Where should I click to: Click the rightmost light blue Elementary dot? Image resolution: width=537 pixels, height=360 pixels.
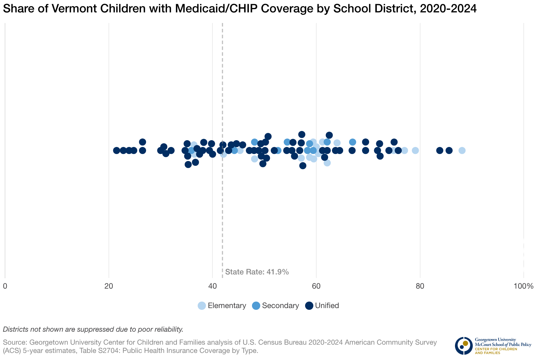pyautogui.click(x=462, y=150)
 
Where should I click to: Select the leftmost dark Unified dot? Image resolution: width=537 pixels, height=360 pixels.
pyautogui.click(x=117, y=150)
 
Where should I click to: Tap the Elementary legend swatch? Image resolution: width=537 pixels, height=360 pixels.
pyautogui.click(x=202, y=306)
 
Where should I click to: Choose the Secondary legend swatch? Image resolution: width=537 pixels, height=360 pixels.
pyautogui.click(x=256, y=306)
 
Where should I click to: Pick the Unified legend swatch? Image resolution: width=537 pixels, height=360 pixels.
pyautogui.click(x=309, y=306)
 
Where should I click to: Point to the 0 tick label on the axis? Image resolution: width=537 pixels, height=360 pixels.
pyautogui.click(x=5, y=286)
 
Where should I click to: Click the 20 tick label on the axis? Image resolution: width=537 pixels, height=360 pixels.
pyautogui.click(x=109, y=286)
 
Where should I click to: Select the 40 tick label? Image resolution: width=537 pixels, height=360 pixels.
pyautogui.click(x=212, y=286)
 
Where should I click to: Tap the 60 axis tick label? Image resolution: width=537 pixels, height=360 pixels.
pyautogui.click(x=316, y=286)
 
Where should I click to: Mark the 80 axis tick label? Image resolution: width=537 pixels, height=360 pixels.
pyautogui.click(x=420, y=286)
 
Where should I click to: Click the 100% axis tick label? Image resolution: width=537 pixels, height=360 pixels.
pyautogui.click(x=523, y=286)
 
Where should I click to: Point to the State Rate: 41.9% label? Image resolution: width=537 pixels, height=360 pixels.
pyautogui.click(x=257, y=272)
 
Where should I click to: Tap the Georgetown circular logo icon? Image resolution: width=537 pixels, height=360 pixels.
pyautogui.click(x=464, y=346)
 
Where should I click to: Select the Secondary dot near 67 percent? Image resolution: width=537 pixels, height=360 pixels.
pyautogui.click(x=353, y=142)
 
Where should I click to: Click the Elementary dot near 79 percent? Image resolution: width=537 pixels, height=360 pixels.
pyautogui.click(x=415, y=150)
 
